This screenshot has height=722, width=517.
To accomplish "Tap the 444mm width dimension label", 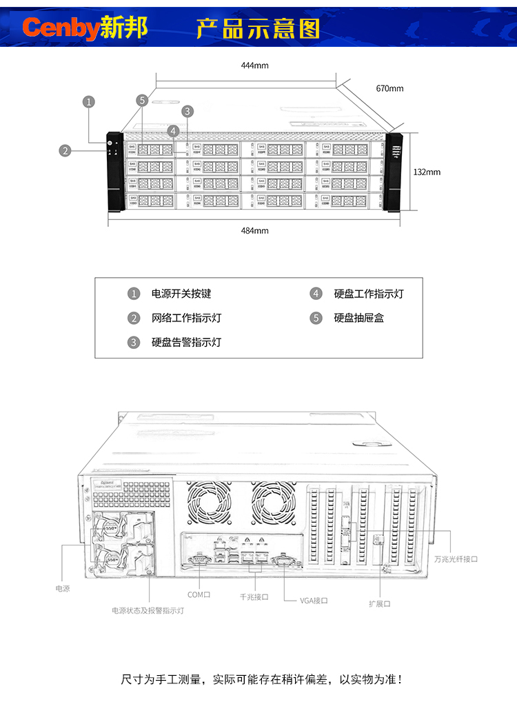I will pos(254,66).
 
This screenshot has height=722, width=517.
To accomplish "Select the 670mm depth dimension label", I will pos(389,88).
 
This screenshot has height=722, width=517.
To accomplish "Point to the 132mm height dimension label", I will pos(427,172).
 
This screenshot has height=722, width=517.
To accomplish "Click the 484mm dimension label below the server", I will pos(254,230).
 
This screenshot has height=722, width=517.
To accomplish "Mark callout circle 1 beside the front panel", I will pos(88,101).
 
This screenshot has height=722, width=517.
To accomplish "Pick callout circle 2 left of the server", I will pos(65,150).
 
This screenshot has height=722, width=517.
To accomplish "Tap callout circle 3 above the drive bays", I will pos(187,111).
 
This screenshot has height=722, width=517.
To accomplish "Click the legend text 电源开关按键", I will pos(181,294).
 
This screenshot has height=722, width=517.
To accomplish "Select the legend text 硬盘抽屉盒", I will pos(358,318).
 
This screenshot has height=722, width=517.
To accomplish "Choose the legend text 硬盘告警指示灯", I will pos(186,342).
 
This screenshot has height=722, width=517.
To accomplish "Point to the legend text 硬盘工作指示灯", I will pos(369,294).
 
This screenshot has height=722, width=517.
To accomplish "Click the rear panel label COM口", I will pos(199,594).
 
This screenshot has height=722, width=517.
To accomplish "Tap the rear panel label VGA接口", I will pos(314,601).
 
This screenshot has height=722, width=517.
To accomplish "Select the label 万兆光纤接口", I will pos(456,559).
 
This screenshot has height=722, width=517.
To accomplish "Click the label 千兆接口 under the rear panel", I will pos(254,597).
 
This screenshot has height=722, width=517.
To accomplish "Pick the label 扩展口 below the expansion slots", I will pos(379,603).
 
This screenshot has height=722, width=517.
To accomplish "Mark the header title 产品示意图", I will pos(258,28).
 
